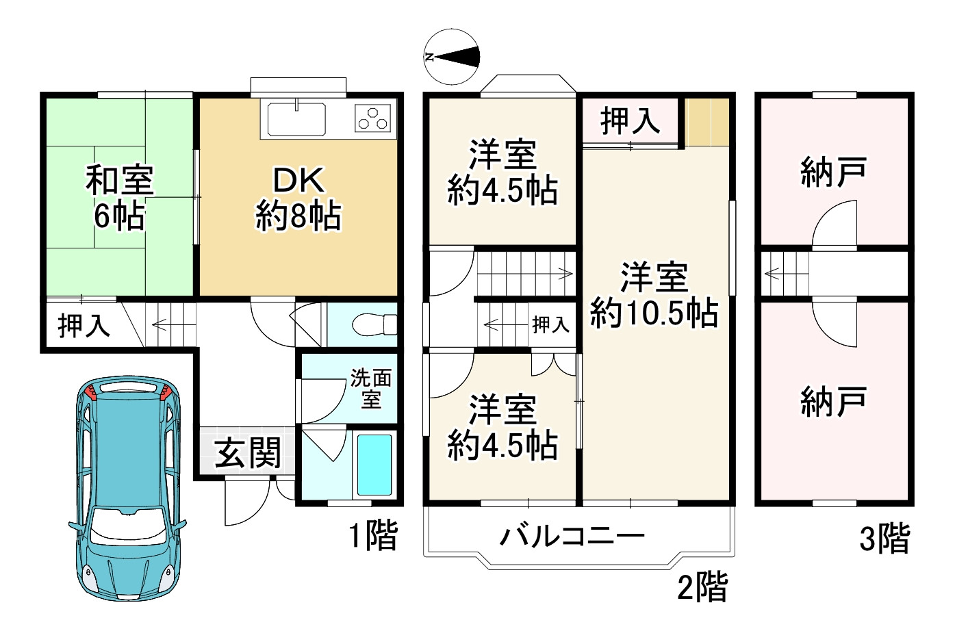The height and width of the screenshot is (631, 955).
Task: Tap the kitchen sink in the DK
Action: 296,120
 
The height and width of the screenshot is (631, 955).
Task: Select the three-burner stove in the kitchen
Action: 374,118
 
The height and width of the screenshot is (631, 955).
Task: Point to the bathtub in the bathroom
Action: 374,465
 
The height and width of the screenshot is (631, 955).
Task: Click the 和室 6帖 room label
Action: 119,198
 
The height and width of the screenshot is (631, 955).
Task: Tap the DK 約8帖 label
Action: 298,198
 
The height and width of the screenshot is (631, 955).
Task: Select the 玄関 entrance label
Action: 248,452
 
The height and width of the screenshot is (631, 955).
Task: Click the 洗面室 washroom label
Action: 371,388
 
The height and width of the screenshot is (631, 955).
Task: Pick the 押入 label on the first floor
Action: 84,325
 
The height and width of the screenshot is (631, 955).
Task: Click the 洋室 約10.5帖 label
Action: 654,295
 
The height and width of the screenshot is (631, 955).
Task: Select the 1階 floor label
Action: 373,535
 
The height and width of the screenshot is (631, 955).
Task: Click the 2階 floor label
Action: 702,587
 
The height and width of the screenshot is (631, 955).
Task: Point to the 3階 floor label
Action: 884,539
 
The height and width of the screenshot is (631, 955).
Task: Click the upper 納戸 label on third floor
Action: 834,172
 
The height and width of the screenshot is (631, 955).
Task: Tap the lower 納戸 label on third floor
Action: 834,402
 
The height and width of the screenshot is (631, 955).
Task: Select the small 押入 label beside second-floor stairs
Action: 550,324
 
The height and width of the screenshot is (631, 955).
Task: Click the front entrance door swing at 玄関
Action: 245,503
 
